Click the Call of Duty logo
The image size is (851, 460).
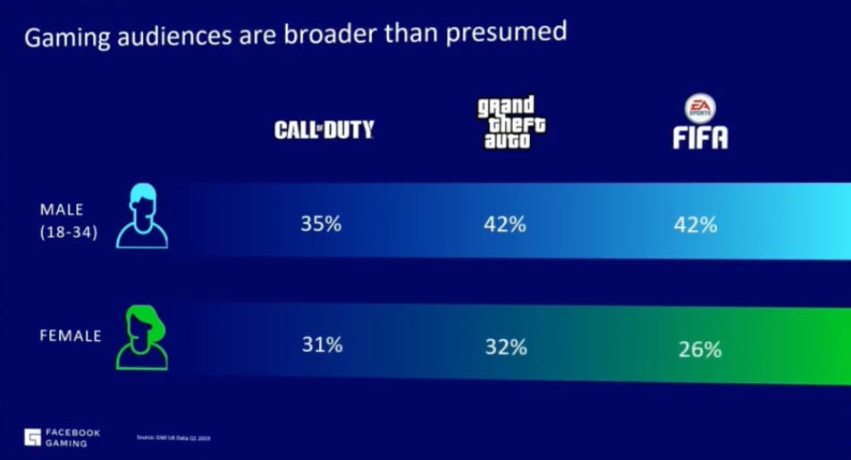(324, 131)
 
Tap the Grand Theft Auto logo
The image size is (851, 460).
(511, 123)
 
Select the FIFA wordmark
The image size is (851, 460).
(700, 137)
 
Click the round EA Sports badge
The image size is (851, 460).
(700, 109)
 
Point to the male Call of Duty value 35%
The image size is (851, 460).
(320, 223)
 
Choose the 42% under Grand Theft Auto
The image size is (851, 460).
(504, 224)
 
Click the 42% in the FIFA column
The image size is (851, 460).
(695, 225)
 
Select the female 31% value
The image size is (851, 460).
(320, 344)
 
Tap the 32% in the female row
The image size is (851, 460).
(504, 345)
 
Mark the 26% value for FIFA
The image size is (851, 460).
(698, 349)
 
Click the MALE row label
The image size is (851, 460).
(62, 209)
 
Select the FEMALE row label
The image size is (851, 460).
(70, 336)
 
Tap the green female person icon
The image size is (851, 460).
(142, 337)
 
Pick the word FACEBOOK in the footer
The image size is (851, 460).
(75, 432)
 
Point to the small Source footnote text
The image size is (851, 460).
(179, 438)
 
